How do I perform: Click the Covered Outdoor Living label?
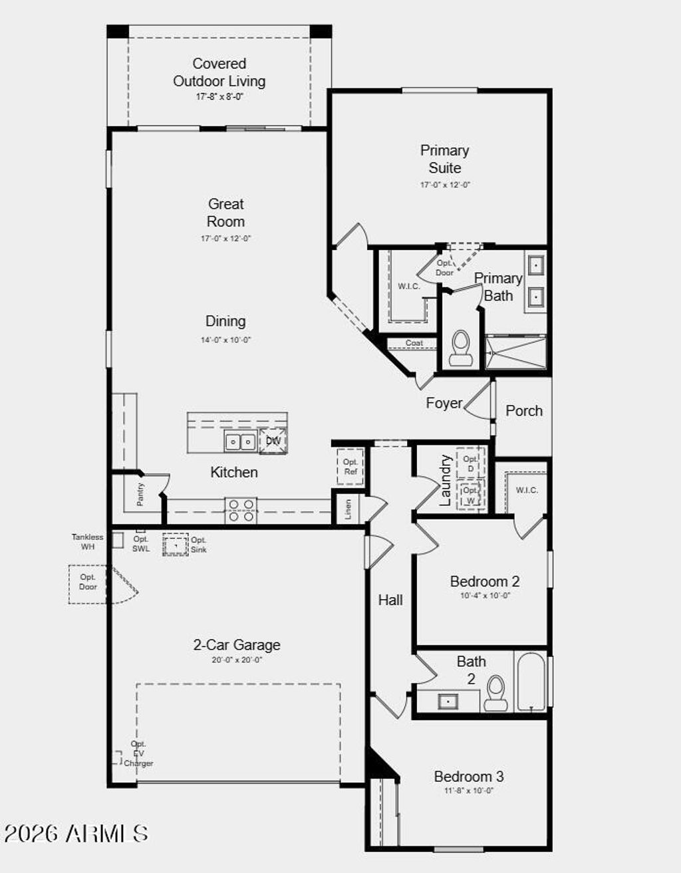(219, 72)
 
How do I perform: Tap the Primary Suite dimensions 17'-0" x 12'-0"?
(444, 185)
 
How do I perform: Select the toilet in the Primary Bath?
(460, 349)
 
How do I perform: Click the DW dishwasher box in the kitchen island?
(273, 441)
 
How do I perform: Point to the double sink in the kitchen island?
(240, 441)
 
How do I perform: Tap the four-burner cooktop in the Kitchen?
(241, 511)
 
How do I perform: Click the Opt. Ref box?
(350, 467)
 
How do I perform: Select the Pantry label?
(141, 494)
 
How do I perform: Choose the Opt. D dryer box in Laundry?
(471, 463)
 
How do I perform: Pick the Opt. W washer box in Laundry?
(471, 495)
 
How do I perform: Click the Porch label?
(523, 411)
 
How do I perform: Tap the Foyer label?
(444, 403)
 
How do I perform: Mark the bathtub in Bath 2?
(531, 682)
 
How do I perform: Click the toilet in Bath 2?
(495, 693)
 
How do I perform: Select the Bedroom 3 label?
(468, 777)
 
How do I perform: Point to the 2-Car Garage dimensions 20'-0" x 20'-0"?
(237, 660)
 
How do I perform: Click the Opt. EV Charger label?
(138, 753)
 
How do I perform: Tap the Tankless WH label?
(88, 541)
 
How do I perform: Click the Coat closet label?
(414, 343)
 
